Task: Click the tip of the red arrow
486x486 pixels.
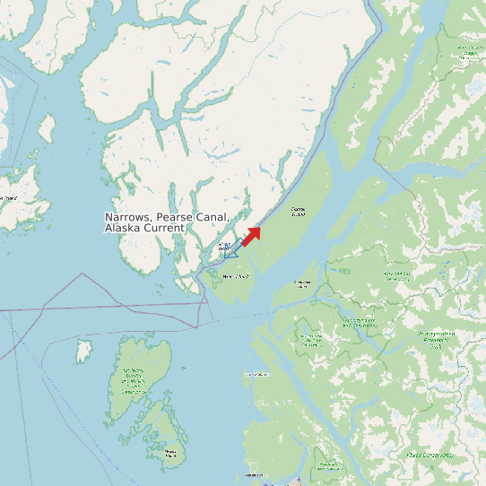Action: [260, 228]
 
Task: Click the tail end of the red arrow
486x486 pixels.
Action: [243, 244]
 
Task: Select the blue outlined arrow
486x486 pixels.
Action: [229, 251]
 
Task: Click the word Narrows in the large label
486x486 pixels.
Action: [127, 218]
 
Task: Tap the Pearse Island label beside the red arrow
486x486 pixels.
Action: [298, 213]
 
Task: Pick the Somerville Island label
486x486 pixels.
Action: [303, 283]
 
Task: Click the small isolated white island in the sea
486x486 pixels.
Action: [83, 350]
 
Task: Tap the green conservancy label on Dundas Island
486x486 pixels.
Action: [134, 381]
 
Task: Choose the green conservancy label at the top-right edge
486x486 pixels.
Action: [467, 52]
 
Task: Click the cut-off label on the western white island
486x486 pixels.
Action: [8, 198]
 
